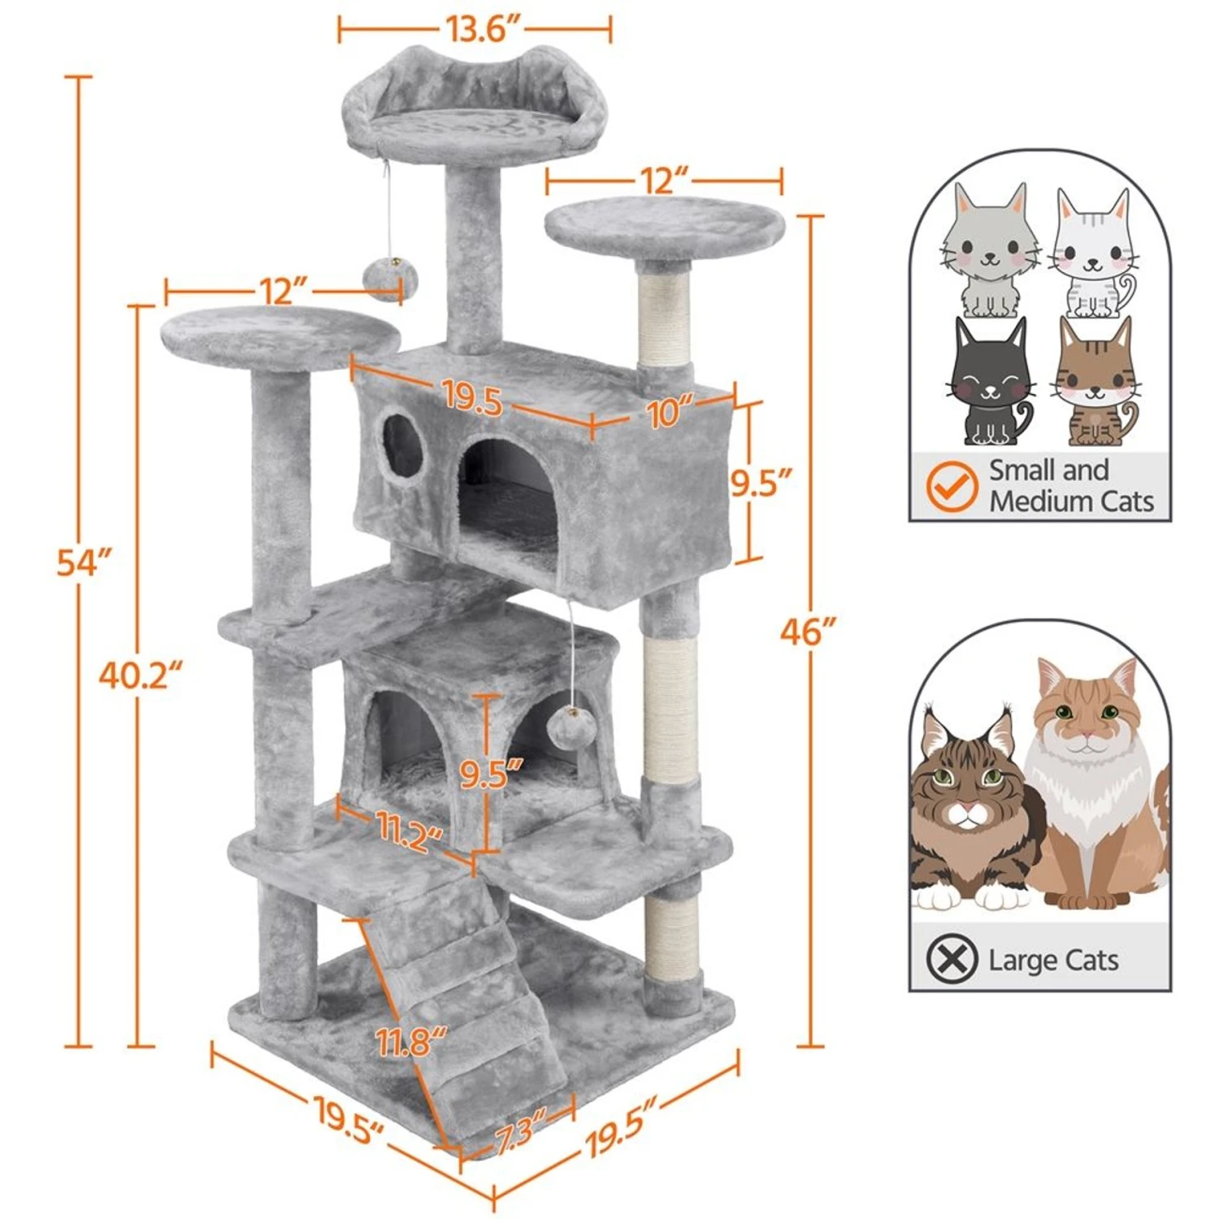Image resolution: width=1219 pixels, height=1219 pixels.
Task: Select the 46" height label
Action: (x=808, y=631)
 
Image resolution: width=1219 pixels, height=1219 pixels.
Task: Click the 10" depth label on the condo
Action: (x=671, y=411)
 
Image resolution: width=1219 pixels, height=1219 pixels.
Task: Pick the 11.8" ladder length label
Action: (x=411, y=1041)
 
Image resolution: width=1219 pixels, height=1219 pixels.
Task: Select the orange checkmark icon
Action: (x=952, y=486)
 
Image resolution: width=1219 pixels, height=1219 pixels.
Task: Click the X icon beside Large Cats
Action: (x=952, y=958)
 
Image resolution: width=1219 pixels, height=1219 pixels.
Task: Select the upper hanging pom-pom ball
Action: (x=391, y=279)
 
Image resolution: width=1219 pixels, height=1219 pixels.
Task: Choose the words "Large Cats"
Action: (x=1053, y=960)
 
